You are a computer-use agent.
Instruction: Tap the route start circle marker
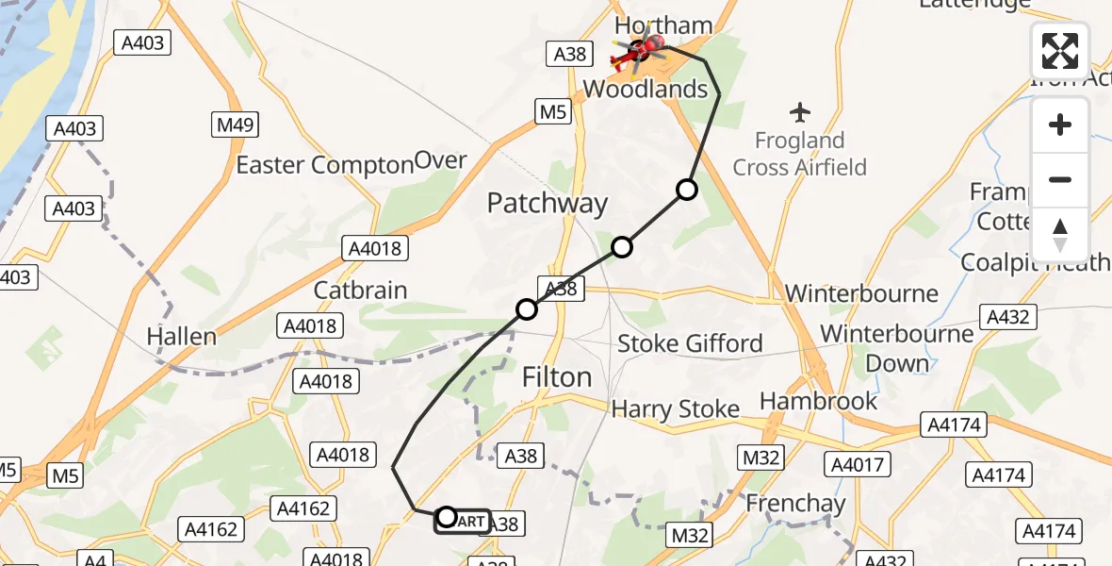pyautogui.click(x=447, y=517)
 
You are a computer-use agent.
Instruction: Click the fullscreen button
pyautogui.click(x=1060, y=51)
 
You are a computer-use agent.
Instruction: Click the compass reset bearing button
pyautogui.click(x=1060, y=235)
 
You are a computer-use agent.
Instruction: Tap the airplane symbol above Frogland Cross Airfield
pyautogui.click(x=800, y=112)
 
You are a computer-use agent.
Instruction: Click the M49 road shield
pyautogui.click(x=235, y=125)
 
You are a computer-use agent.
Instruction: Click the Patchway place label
pyautogui.click(x=548, y=203)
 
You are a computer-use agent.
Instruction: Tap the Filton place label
pyautogui.click(x=557, y=377)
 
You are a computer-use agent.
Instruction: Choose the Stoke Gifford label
pyautogui.click(x=690, y=343)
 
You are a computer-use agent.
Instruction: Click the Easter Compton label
pyautogui.click(x=324, y=165)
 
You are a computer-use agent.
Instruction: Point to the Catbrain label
pyautogui.click(x=360, y=290)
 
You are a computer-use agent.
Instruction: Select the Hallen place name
pyautogui.click(x=182, y=336)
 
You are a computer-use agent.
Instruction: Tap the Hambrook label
pyautogui.click(x=818, y=401)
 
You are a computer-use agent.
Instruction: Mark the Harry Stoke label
pyautogui.click(x=675, y=409)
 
